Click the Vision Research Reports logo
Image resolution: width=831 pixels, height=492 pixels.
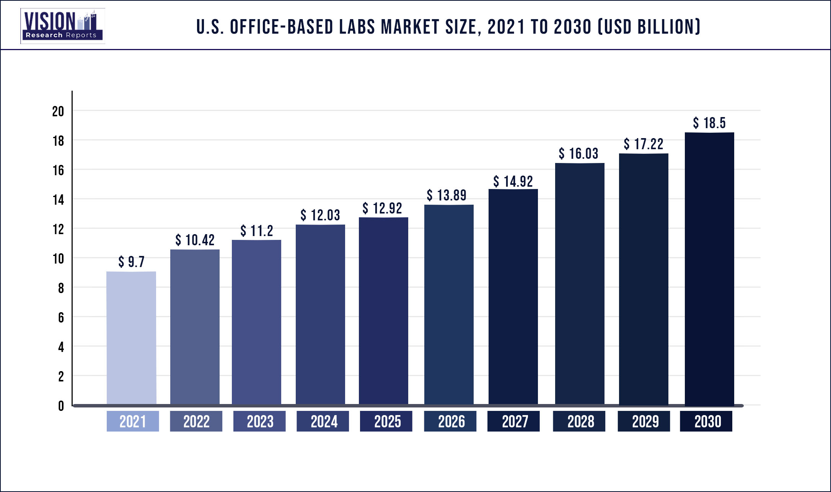coord(62,26)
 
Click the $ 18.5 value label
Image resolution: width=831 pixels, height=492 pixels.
coord(709,123)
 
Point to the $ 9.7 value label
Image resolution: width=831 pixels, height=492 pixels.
coord(131,262)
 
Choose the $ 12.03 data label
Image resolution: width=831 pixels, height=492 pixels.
coord(320,215)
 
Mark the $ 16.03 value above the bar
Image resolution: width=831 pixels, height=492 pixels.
coord(578,153)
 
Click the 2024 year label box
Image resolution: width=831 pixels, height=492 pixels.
coord(323,421)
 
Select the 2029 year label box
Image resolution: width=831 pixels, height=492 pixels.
coord(644,421)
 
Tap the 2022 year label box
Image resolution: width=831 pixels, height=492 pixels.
coord(196,421)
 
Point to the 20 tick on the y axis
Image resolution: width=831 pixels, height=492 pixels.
coord(58,111)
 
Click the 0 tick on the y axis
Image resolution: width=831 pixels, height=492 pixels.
coord(61,406)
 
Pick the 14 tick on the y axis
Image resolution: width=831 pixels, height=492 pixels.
coord(58,200)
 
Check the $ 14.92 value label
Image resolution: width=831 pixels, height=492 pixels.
coord(513,181)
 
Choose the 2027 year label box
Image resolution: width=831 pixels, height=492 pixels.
coord(513,421)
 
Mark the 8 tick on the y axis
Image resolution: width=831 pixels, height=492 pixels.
coord(61,288)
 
